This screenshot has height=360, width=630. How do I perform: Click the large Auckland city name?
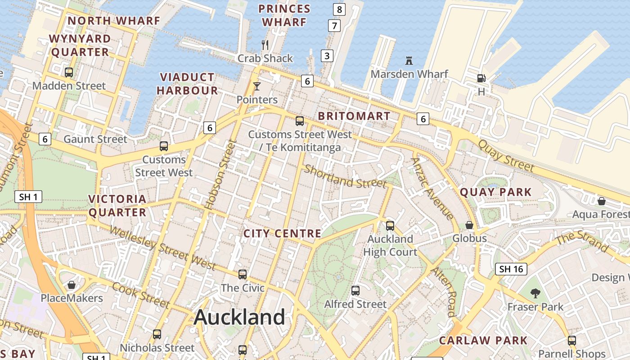239,317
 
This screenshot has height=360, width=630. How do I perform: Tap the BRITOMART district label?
354,116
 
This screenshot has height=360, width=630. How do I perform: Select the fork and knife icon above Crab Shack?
265,45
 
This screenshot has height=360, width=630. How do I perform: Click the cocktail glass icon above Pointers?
257,86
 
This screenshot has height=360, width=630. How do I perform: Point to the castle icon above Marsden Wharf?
409,60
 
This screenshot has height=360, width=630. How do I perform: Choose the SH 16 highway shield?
511,269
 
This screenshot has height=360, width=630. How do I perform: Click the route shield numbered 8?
339,9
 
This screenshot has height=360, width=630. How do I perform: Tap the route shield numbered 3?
327,56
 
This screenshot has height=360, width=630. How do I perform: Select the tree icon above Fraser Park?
535,293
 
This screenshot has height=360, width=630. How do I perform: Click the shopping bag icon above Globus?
469,225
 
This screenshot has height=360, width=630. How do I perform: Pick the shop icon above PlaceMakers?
72,285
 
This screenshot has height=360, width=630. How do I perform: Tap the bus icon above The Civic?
243,274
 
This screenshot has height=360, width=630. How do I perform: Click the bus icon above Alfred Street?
355,291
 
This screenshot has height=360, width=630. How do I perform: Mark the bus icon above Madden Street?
69,72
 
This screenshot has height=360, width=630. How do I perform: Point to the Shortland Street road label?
345,176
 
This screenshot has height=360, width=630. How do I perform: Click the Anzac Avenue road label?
432,189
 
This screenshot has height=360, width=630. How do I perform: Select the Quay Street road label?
506,156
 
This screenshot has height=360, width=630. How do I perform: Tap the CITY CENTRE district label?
282,234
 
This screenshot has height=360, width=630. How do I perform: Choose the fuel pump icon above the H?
481,78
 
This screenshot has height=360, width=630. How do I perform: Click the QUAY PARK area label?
495,193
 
